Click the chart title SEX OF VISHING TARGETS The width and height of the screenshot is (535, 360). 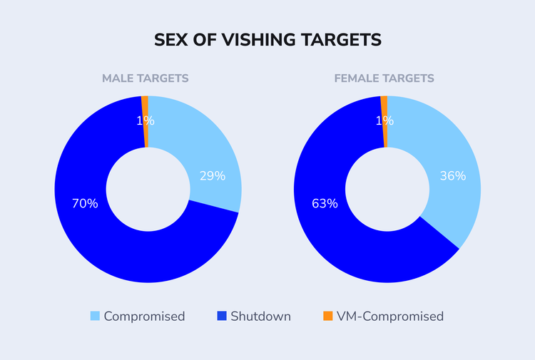tap(267, 41)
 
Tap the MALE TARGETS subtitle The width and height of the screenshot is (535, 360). tap(145, 78)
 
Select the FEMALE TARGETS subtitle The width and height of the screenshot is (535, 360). tap(384, 78)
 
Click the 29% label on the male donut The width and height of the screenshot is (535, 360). tap(213, 175)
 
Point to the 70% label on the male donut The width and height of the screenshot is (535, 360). tap(85, 203)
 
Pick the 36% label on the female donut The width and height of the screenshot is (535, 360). tap(453, 175)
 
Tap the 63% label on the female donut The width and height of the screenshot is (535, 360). tap(325, 203)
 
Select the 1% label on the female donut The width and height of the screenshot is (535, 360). tap(384, 121)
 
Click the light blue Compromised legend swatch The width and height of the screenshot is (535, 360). tap(95, 316)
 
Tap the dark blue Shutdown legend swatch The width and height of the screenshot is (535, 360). tap(221, 316)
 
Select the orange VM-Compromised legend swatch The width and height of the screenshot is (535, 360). tap(327, 316)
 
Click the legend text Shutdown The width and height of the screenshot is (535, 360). tap(260, 316)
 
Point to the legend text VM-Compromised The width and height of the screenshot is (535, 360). tap(390, 316)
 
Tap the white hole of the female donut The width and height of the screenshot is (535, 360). tap(387, 189)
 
